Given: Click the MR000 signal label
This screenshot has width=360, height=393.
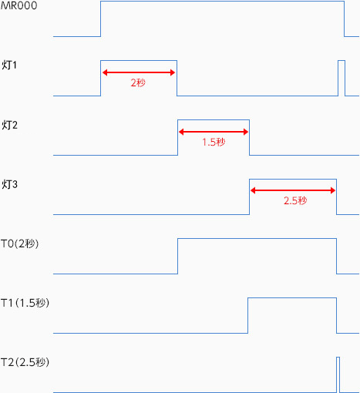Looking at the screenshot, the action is [19, 5].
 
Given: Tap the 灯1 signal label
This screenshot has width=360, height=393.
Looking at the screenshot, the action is [9, 65].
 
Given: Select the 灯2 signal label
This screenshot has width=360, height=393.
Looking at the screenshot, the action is [9, 125].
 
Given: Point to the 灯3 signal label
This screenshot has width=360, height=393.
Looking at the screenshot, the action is [9, 184].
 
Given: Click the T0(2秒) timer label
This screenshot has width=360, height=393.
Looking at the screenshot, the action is [20, 244].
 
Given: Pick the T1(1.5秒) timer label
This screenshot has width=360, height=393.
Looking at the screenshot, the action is [25, 303].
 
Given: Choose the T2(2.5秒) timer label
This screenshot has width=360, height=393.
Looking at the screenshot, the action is [25, 362].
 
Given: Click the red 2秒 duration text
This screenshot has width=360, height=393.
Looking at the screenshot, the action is [138, 82].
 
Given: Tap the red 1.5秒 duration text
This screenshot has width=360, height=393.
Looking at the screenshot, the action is [214, 142].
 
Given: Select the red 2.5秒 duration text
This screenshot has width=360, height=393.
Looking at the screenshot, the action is [295, 200].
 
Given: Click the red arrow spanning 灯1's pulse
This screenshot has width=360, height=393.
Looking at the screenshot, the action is [139, 72].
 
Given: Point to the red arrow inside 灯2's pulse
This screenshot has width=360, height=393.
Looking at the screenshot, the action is [214, 132].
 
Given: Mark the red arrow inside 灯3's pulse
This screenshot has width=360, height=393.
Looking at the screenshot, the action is [293, 190].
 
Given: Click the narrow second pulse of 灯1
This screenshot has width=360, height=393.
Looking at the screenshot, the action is [341, 61].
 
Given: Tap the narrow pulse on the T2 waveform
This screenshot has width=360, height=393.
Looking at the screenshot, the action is [338, 358].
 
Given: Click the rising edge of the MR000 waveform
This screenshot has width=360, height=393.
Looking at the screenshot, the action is [100, 18].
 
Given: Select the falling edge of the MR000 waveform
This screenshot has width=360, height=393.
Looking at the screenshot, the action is [345, 18].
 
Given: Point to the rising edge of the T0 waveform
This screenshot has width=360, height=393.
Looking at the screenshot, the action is [177, 256].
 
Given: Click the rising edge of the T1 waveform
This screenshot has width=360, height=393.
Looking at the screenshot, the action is [248, 315].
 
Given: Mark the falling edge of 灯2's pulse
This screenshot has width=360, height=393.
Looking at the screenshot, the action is [249, 137].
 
